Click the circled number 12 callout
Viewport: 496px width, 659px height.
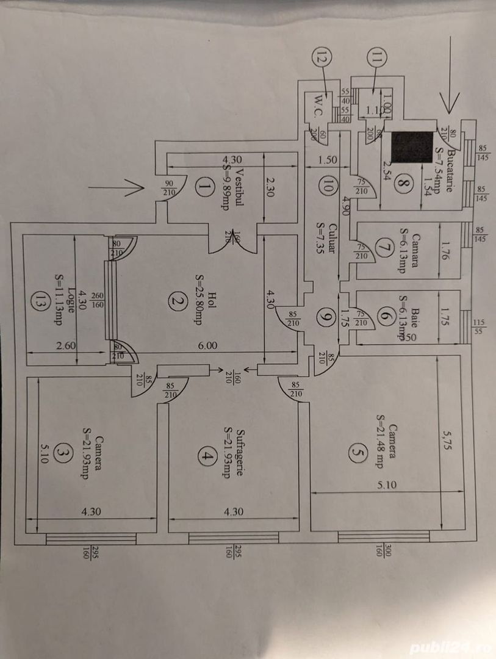tap(322, 59)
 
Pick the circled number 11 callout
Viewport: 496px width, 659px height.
tap(376, 59)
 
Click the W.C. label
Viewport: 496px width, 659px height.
tap(321, 99)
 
